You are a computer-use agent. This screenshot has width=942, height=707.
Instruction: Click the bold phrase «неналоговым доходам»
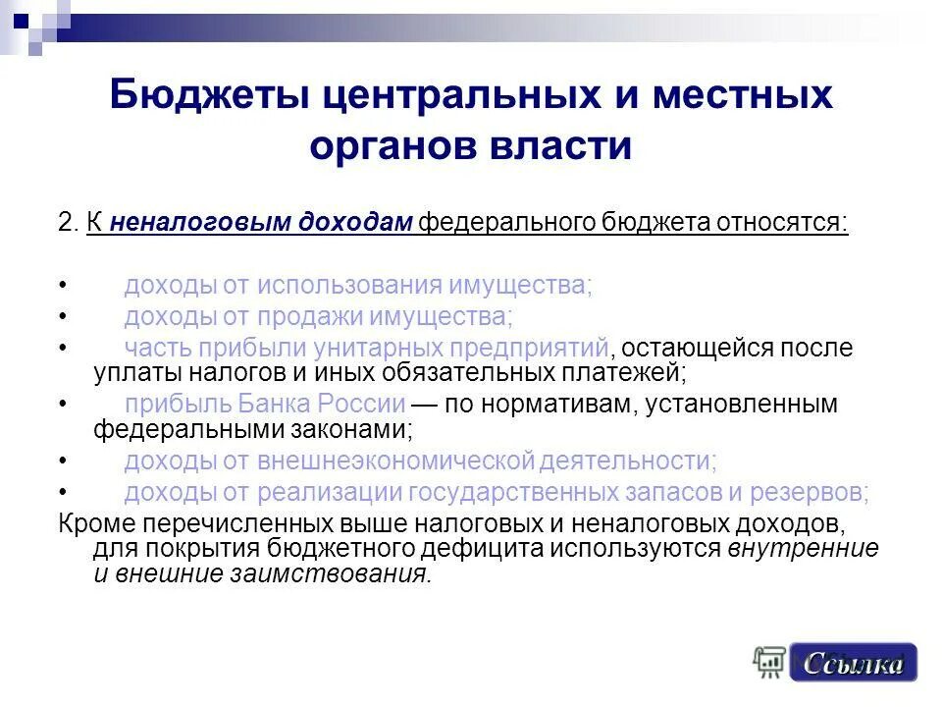point(261,222)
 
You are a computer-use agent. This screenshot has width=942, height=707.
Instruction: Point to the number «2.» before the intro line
point(68,222)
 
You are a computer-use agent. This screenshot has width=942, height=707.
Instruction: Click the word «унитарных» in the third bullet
point(382,348)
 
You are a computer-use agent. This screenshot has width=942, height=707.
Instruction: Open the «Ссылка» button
point(853,664)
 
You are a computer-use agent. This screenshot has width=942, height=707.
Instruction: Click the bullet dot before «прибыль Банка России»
point(64,404)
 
